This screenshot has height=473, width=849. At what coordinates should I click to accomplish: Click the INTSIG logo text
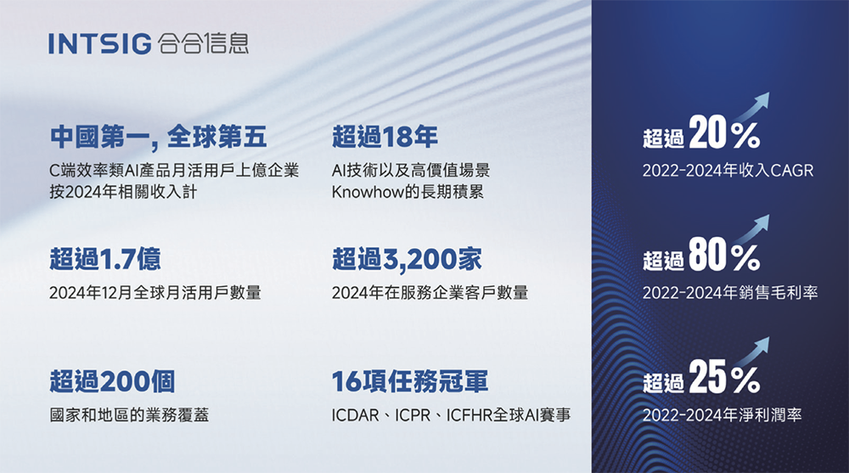(x=100, y=43)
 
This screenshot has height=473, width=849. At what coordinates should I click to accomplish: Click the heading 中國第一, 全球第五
(x=158, y=136)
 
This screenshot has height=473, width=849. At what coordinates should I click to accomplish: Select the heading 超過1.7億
(x=105, y=258)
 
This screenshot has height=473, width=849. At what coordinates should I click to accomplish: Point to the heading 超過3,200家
(x=407, y=258)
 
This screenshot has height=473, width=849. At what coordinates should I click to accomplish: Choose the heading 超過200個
(x=112, y=381)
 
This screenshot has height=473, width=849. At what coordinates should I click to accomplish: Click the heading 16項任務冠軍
(x=410, y=381)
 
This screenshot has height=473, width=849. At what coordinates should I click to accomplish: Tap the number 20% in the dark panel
(x=724, y=135)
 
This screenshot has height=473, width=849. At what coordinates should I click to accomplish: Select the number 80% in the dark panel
(x=724, y=257)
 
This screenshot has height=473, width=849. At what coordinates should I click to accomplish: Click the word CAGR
(x=791, y=172)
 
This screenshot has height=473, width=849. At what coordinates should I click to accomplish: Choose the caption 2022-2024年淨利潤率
(x=722, y=416)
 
